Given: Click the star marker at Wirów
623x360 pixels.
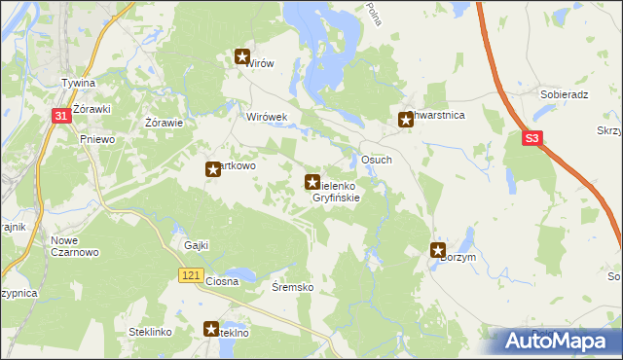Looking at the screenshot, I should pyautogui.click(x=242, y=57).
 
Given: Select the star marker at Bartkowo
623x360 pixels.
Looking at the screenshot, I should pyautogui.click(x=212, y=169).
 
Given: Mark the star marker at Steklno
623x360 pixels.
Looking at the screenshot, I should pyautogui.click(x=211, y=330).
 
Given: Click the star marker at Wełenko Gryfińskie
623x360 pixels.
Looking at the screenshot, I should pyautogui.click(x=312, y=181).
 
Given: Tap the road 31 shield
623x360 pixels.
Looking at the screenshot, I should pyautogui.click(x=60, y=117).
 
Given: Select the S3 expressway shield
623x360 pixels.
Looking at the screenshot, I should pyautogui.click(x=532, y=140).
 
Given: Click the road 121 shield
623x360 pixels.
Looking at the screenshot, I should pyautogui.click(x=191, y=277).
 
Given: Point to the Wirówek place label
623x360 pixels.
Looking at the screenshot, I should pyautogui.click(x=267, y=117).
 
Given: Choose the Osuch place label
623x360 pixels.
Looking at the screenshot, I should pyautogui.click(x=377, y=160).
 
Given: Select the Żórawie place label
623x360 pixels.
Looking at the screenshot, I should pyautogui.click(x=164, y=124).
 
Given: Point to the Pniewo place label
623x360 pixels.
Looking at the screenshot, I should pyautogui.click(x=97, y=140).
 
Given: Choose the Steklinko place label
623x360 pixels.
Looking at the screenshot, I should pyautogui.click(x=150, y=333).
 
